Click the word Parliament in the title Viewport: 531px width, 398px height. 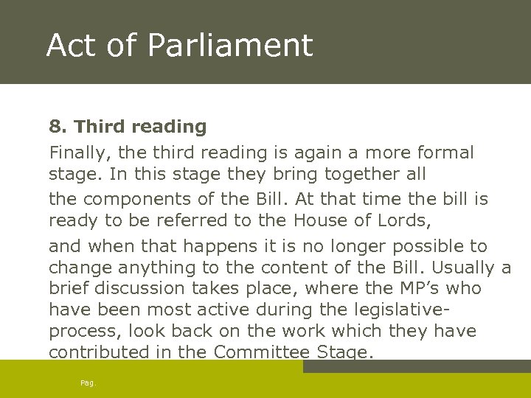tap(230, 46)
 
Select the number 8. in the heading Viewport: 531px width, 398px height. tap(58, 127)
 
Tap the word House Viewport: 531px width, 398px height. tap(319, 221)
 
